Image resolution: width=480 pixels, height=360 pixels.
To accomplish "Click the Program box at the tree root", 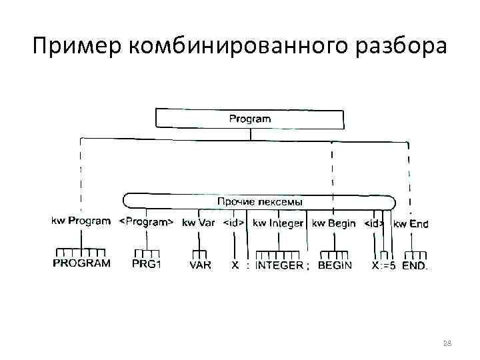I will (x=250, y=119).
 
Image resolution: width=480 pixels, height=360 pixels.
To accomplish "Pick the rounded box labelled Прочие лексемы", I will (x=259, y=201).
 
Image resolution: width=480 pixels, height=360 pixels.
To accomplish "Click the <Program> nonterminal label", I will (x=146, y=223).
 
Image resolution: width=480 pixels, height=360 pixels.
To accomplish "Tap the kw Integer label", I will (x=278, y=223).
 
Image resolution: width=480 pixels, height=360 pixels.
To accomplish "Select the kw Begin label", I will (x=334, y=223).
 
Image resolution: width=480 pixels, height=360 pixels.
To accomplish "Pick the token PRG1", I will (x=147, y=265).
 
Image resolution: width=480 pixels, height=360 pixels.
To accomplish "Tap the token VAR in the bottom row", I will (x=200, y=265).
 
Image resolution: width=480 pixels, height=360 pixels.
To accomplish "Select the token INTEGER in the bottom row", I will (x=279, y=265).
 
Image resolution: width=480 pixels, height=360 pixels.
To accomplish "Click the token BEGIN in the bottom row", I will (x=335, y=265).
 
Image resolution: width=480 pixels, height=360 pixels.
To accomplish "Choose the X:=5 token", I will (x=383, y=265).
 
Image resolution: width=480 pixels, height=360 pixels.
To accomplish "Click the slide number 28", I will (x=447, y=343).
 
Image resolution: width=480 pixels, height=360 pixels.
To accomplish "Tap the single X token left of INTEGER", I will (x=235, y=265).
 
